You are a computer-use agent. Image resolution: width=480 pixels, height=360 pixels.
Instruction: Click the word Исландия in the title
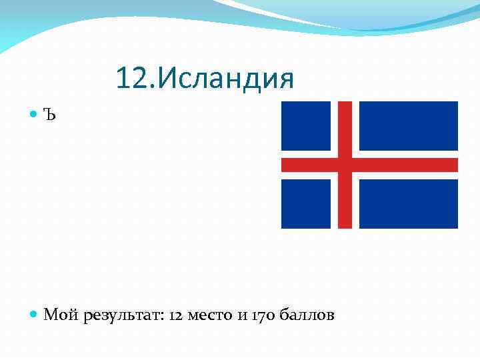227,79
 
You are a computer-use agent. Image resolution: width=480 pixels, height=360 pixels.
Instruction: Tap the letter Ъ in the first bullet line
51,115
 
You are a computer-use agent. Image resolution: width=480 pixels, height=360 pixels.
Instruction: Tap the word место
211,315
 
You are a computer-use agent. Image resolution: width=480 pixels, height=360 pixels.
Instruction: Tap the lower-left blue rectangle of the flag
305,203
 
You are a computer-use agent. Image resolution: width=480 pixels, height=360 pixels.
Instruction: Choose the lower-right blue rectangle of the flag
408,203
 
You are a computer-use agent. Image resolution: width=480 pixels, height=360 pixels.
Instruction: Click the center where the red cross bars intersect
345,165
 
